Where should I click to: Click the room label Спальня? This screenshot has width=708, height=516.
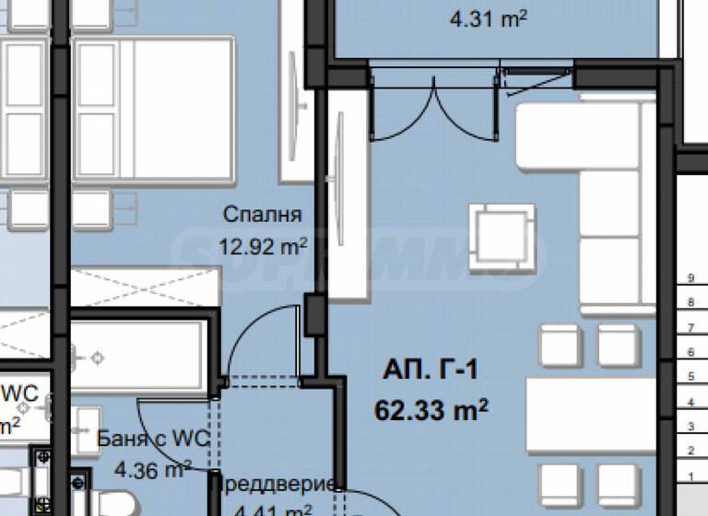pos(263,215)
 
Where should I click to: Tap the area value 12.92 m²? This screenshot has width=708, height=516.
pos(262,247)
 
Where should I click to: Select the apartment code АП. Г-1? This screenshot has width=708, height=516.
pos(430,372)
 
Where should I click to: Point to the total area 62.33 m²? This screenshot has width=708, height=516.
pos(431,408)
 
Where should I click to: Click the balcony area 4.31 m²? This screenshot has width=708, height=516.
pos(487,17)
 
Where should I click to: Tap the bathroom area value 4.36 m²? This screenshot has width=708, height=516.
pos(152,470)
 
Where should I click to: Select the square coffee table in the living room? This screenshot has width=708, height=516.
pos(502,237)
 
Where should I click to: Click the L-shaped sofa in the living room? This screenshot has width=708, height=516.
pos(590,184)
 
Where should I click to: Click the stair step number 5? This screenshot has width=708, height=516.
pos(689,376)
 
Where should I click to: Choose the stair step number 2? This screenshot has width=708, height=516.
pos(689,450)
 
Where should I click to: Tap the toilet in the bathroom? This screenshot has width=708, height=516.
pos(111,502)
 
